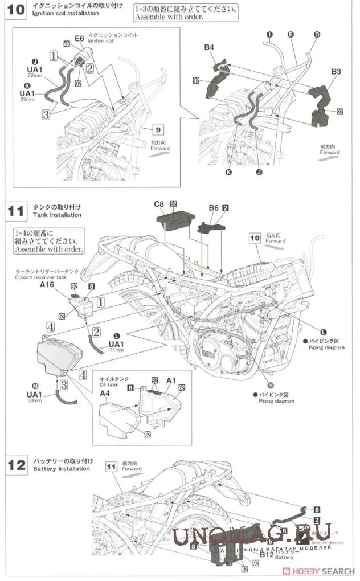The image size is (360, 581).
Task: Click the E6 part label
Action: [79, 38]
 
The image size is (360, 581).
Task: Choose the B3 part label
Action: [336, 72]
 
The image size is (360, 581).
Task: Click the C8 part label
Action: [159, 203]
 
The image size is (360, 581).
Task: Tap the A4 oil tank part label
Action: [105, 393]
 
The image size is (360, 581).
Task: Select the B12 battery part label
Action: [267, 553]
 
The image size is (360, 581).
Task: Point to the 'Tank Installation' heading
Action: [57, 215]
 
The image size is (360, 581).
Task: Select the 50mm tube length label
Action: [34, 401]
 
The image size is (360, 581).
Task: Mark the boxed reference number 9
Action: [158, 129]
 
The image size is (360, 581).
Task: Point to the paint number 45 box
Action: [67, 44]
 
